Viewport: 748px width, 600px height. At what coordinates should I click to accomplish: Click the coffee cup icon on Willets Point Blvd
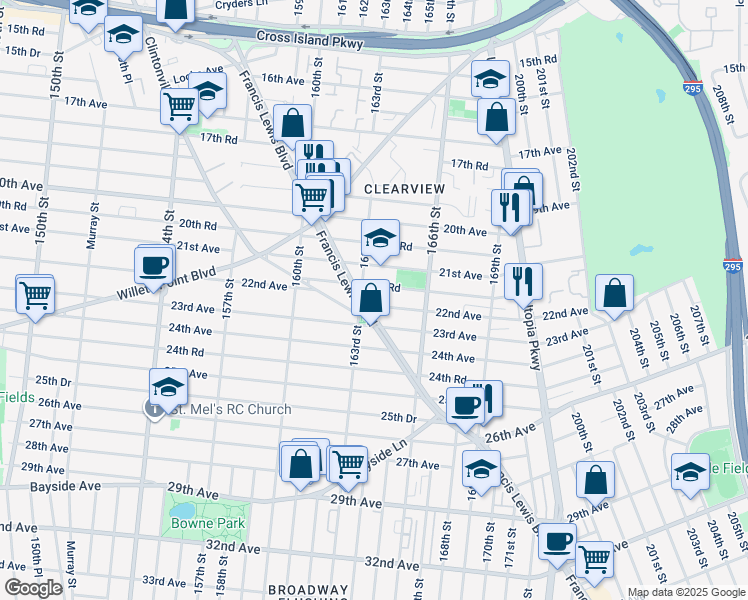click(x=154, y=265)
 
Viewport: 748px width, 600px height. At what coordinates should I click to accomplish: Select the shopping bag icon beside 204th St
click(x=615, y=293)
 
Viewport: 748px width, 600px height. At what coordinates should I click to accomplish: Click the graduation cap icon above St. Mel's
click(x=168, y=387)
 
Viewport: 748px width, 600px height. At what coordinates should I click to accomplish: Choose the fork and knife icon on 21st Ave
click(x=523, y=281)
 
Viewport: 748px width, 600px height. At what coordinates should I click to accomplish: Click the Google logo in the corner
click(x=33, y=587)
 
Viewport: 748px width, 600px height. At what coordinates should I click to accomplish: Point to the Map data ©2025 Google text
click(x=686, y=592)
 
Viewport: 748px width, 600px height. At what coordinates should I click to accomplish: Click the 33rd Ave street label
click(x=164, y=580)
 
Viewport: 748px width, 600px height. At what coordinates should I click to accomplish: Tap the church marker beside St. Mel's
click(x=154, y=409)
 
